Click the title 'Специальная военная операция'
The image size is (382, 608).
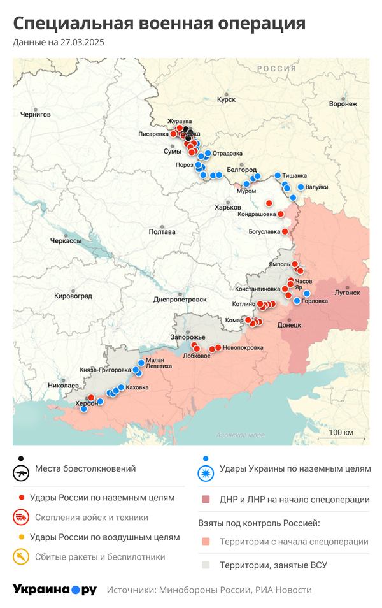159,24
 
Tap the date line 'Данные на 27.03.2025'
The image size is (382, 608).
58,43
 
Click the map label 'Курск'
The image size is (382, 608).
226,100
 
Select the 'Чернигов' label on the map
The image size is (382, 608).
35,115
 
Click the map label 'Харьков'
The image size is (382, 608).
228,208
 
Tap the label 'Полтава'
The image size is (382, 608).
162,232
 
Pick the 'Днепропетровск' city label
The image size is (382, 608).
180,300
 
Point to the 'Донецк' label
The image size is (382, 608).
289,325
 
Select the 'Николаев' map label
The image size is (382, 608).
63,386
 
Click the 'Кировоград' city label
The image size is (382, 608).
73,296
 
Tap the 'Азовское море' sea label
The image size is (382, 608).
240,435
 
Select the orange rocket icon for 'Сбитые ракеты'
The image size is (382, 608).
22,557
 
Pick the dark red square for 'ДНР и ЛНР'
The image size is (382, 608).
205,500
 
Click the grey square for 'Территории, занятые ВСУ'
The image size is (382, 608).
205,565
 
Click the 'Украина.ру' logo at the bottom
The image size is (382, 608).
55,590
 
